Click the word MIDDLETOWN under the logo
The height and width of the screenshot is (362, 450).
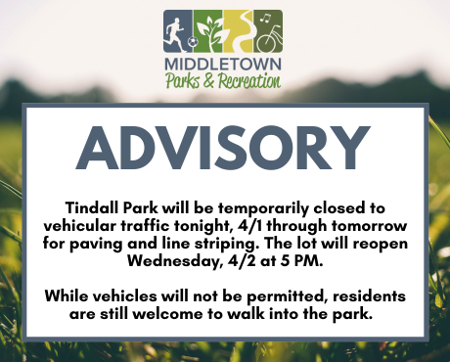(x=224, y=65)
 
